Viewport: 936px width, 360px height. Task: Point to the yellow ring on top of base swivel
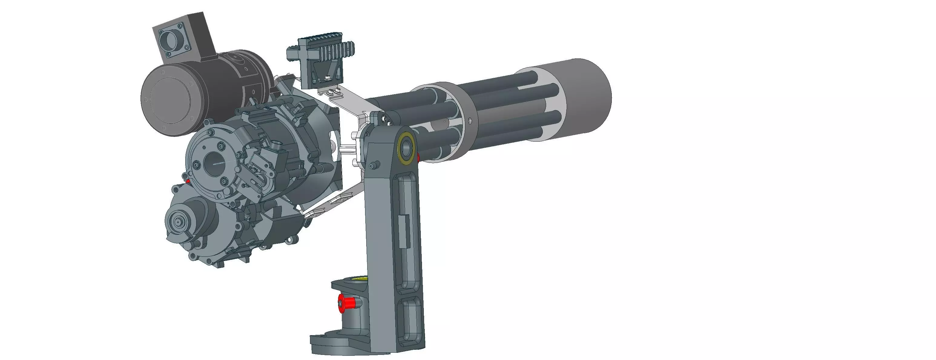[358, 279]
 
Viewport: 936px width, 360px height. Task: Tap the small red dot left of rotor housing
[188, 180]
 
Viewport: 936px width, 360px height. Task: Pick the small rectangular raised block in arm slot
[403, 230]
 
